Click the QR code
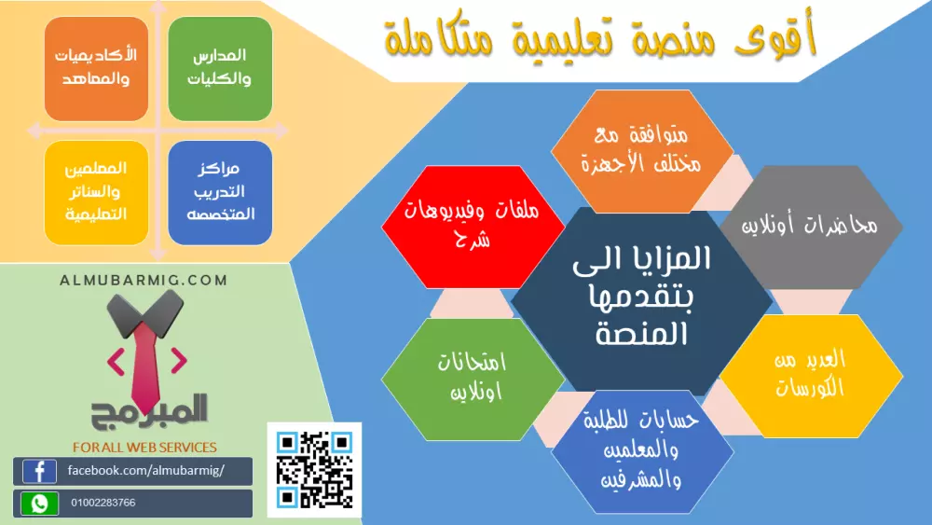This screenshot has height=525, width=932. click(x=314, y=469)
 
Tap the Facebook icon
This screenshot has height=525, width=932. click(x=39, y=471)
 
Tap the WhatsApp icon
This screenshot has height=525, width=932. click(x=39, y=504)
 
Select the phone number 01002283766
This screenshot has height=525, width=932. click(x=103, y=504)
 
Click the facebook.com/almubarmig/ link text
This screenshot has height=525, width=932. click(x=146, y=471)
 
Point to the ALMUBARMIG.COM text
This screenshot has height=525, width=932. click(x=144, y=280)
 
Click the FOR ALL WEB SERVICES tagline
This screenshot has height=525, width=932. click(x=144, y=448)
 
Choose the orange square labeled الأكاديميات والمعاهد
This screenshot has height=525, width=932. click(x=97, y=68)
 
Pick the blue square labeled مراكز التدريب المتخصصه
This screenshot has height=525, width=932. click(x=220, y=192)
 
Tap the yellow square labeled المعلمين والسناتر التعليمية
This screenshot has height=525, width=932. click(x=97, y=192)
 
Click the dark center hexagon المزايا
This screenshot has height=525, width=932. click(x=641, y=297)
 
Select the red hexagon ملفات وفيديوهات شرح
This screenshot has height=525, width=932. click(x=473, y=227)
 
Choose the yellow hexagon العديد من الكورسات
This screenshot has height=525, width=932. click(x=810, y=375)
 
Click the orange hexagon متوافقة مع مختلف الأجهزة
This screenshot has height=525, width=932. click(x=641, y=150)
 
